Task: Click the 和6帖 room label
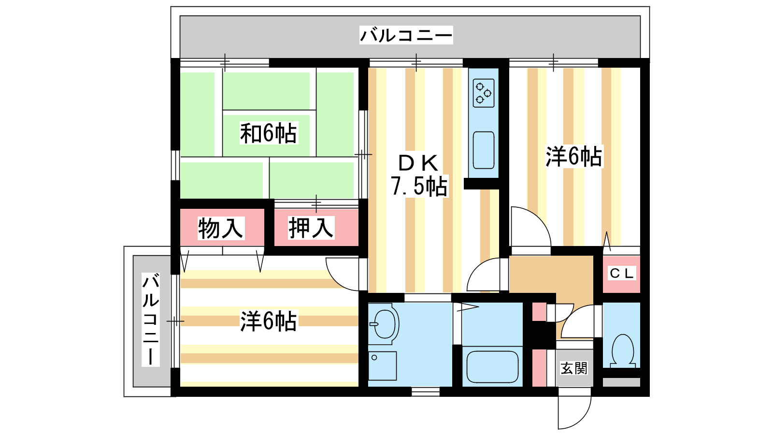(x=268, y=133)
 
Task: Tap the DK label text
(x=418, y=163)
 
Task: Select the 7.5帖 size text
(x=419, y=186)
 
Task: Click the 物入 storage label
(x=221, y=228)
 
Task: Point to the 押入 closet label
(x=311, y=228)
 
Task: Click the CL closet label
(x=622, y=274)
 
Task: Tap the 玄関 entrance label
(x=574, y=368)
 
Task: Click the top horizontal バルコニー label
(x=406, y=35)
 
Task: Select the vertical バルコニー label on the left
(x=151, y=319)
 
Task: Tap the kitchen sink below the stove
(x=484, y=150)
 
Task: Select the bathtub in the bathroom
(x=492, y=367)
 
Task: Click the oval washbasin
(x=385, y=324)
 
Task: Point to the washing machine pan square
(x=382, y=366)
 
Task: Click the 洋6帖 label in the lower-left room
(x=269, y=321)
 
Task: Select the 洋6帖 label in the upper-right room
(x=574, y=157)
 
